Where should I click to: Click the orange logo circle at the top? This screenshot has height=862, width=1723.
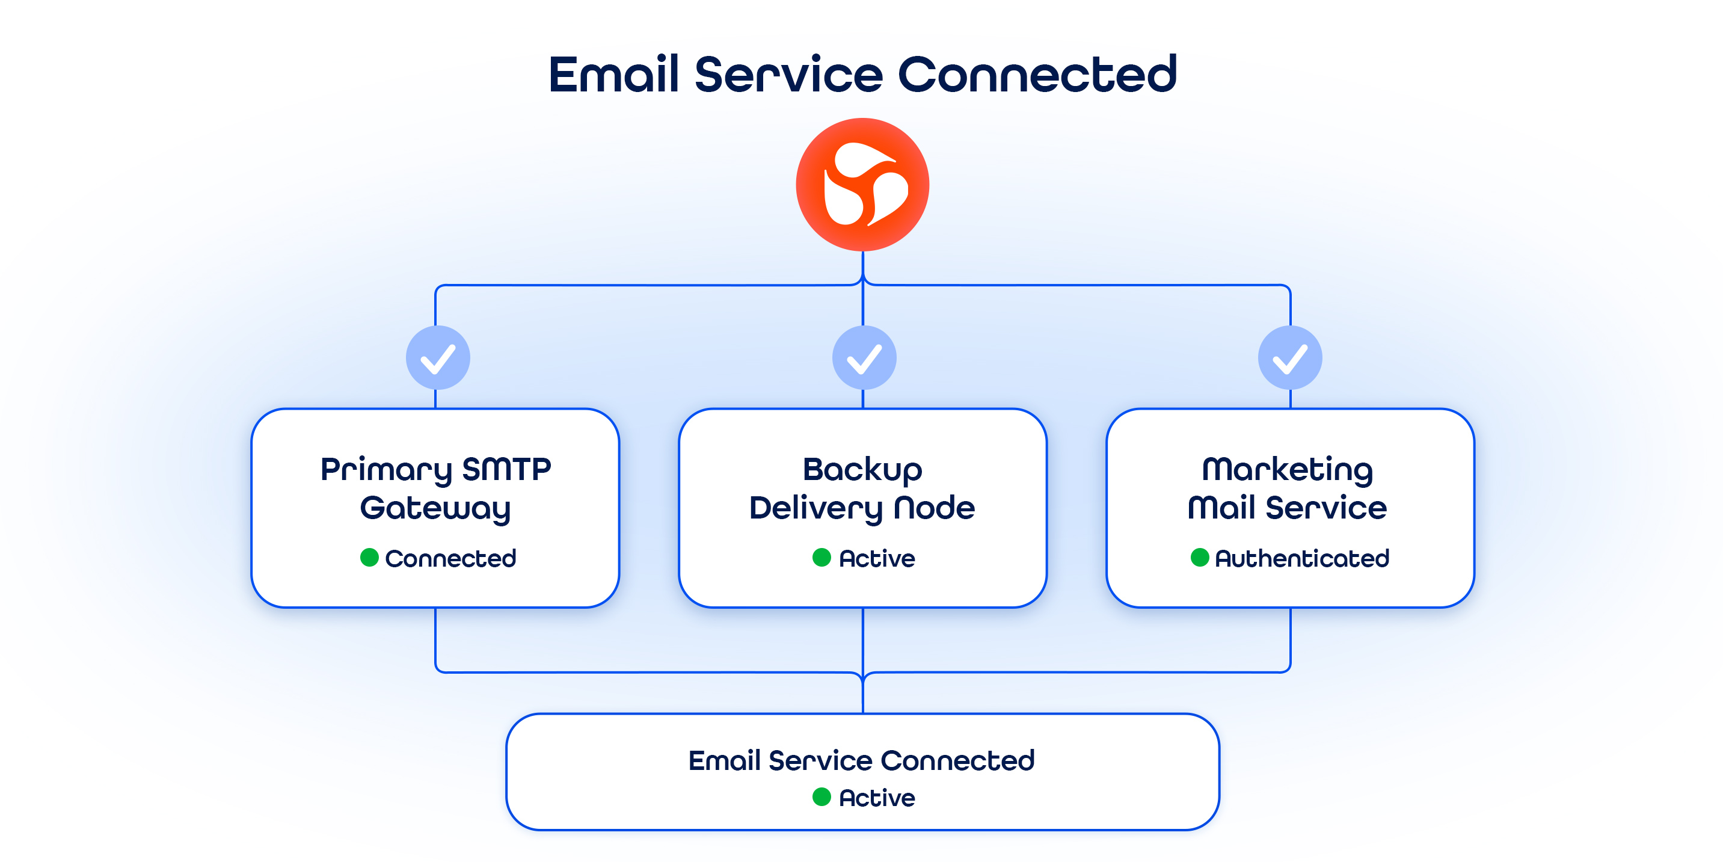862,185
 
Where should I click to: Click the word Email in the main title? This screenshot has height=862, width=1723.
613,74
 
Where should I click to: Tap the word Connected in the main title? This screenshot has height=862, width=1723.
1037,74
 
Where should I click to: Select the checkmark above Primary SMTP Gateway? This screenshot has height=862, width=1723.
438,358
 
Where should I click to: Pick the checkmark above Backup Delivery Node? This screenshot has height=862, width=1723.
864,358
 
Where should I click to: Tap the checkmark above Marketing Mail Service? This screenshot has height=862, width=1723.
1289,358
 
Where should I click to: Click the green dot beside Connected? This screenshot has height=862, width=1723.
369,558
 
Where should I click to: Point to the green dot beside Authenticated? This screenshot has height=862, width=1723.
1199,558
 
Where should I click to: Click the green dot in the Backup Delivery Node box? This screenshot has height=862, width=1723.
822,558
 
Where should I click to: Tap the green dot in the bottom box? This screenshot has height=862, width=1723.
822,797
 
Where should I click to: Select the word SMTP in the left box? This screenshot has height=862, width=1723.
506,469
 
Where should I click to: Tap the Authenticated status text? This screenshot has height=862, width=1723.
1301,558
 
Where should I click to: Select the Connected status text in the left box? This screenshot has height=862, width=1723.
450,558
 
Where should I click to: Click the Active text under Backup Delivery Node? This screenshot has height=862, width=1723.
877,558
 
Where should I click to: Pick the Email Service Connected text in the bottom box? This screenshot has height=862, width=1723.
861,760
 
